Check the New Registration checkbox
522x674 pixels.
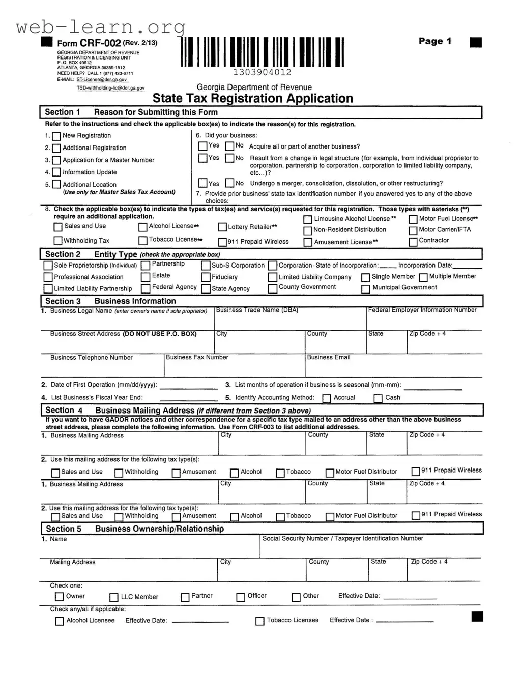point(56,136)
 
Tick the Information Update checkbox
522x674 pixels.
point(56,173)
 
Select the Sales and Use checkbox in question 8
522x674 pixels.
point(58,227)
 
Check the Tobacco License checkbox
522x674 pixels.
point(143,240)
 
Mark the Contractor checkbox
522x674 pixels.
point(413,241)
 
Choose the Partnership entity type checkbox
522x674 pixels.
point(146,265)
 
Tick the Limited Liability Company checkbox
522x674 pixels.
point(273,277)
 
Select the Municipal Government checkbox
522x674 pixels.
point(365,289)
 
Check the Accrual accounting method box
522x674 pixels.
point(327,398)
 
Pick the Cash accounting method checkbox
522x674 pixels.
point(378,398)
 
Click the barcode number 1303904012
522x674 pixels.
point(262,73)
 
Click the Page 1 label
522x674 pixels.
point(434,41)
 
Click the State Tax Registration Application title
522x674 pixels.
point(252,98)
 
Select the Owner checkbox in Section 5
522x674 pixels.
point(60,597)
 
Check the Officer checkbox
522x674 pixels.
point(241,597)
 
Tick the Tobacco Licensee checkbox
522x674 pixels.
point(259,621)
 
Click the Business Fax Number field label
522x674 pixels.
point(197,358)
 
